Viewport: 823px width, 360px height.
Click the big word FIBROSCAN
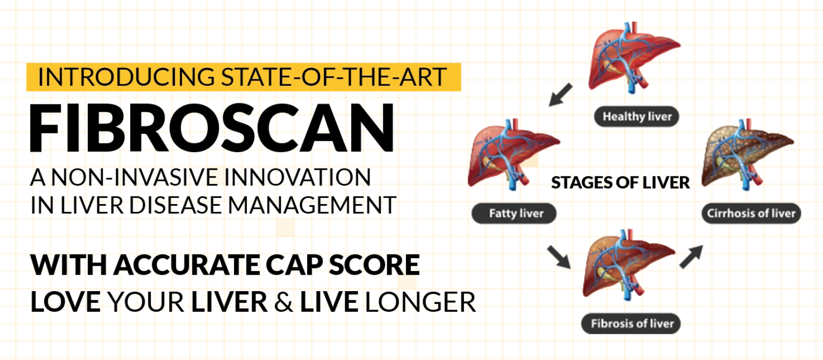tap(212, 128)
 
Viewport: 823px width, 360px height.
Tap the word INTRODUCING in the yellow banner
tap(126, 77)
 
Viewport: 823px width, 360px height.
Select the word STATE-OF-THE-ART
tap(334, 77)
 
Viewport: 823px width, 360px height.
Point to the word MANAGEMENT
tap(312, 205)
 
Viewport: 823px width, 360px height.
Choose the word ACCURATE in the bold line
tap(187, 265)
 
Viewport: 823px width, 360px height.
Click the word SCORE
tap(374, 265)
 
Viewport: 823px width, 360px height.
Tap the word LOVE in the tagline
tap(65, 302)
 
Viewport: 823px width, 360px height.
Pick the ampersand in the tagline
tap(283, 302)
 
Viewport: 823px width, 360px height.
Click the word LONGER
tap(421, 302)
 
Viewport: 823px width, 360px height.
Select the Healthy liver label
tap(637, 116)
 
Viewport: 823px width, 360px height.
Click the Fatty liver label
tap(514, 213)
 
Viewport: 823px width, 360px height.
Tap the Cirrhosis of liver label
tap(751, 213)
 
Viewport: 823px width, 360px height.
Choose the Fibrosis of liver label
tap(631, 323)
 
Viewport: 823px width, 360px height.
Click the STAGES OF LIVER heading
tap(620, 183)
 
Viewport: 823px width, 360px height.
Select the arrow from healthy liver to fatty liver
tap(560, 95)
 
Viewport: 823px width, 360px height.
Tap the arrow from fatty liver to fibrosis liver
tap(559, 257)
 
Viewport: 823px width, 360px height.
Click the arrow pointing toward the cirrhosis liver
tap(691, 257)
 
